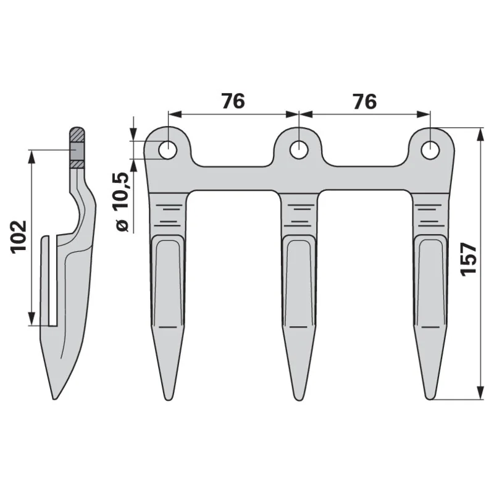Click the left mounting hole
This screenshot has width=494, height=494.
(168, 150)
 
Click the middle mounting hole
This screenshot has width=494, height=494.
(298, 150)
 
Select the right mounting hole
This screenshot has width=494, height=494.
(430, 150)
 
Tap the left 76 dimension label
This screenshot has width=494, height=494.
(233, 101)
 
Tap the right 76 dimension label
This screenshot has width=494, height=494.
(365, 101)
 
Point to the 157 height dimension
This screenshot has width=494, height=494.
(469, 259)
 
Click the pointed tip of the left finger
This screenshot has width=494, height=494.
(168, 400)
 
